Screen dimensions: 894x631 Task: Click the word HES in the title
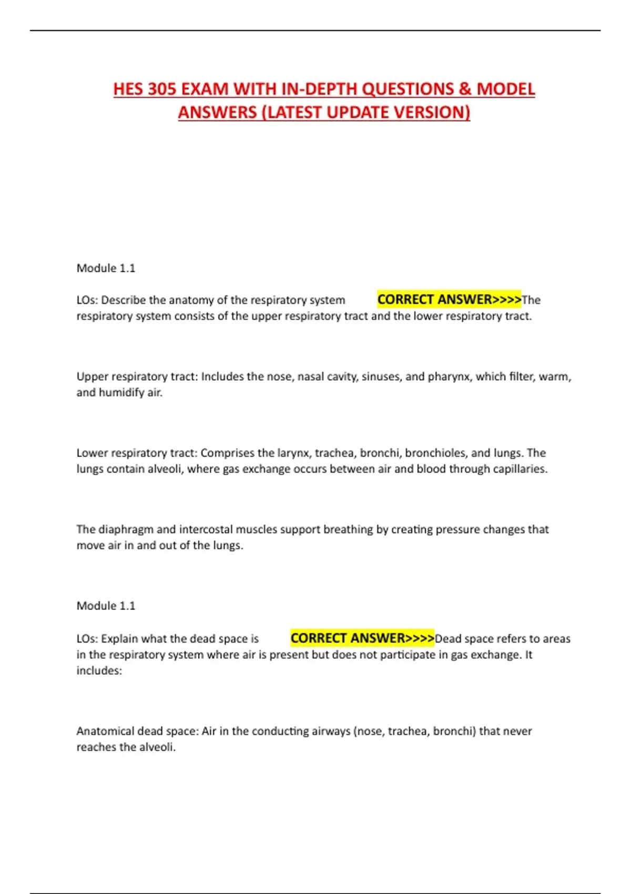(x=128, y=89)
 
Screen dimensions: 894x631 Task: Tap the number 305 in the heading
(x=162, y=89)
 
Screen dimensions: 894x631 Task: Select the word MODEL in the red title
(x=505, y=89)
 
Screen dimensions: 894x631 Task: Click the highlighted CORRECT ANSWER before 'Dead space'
(x=362, y=638)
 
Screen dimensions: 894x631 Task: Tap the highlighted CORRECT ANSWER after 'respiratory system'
(x=449, y=300)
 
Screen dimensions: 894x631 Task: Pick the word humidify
(x=121, y=393)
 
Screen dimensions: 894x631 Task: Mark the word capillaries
(x=520, y=469)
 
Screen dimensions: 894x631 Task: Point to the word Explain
(x=120, y=639)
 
